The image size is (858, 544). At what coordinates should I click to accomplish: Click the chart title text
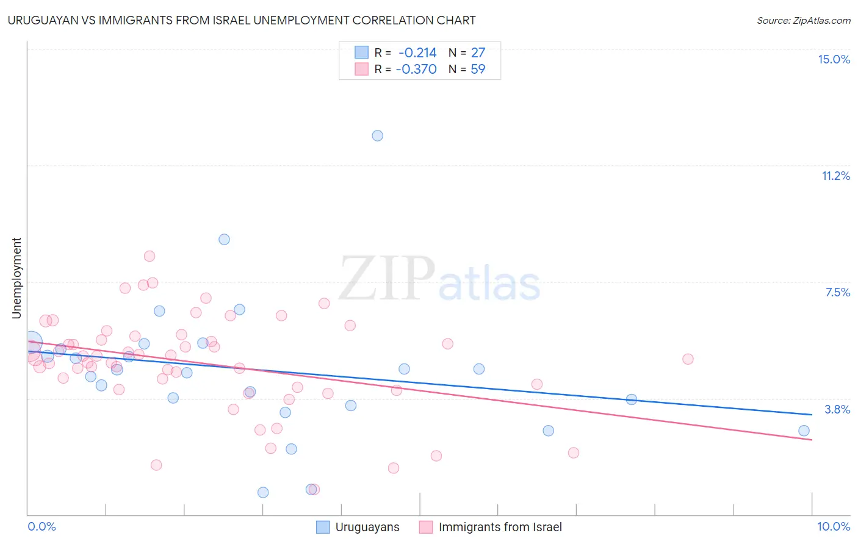(242, 20)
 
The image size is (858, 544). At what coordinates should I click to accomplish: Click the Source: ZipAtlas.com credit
(803, 20)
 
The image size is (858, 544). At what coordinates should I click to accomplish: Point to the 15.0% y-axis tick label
(834, 59)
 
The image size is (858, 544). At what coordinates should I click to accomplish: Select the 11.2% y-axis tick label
(835, 176)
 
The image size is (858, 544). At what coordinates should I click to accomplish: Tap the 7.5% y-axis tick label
(837, 292)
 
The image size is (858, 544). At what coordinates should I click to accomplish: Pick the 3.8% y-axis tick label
(837, 409)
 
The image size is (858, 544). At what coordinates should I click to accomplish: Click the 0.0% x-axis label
(41, 526)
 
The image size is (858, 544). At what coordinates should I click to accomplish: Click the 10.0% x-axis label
(834, 526)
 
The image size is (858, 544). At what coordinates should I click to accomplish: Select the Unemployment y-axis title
(16, 278)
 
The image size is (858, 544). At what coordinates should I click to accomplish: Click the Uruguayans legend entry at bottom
(358, 527)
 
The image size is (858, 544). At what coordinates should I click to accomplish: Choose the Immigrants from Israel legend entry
(491, 527)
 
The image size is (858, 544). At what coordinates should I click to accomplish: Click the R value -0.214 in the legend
(417, 53)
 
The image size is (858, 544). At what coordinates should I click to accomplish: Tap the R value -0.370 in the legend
(416, 70)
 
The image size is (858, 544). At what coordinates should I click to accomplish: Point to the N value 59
(478, 70)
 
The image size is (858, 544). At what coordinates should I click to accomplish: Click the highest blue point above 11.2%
(378, 136)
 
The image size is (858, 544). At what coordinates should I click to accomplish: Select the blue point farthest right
(804, 431)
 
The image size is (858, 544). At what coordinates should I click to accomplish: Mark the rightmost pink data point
(688, 359)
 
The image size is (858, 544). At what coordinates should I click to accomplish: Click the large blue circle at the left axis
(32, 343)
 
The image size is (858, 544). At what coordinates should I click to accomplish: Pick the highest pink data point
(150, 256)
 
